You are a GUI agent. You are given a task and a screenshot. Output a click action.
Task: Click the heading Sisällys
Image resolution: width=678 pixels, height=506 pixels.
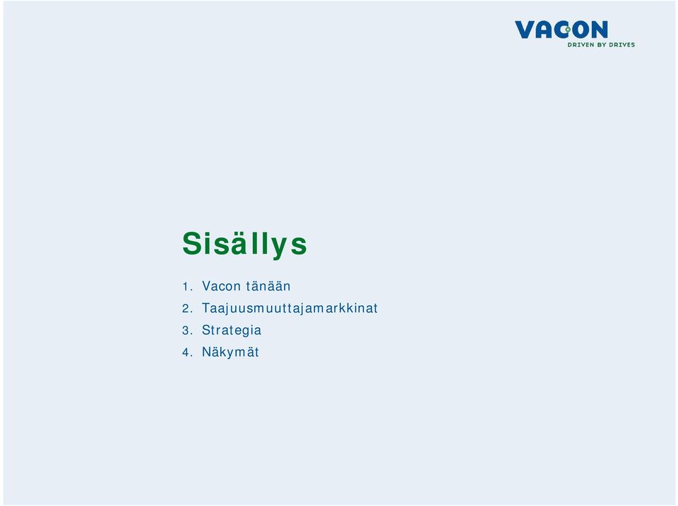click(x=245, y=244)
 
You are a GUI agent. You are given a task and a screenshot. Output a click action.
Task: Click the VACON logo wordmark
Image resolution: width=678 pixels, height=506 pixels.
click(x=561, y=30)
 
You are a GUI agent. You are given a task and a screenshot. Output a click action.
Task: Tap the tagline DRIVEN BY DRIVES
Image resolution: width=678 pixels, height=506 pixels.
click(x=601, y=45)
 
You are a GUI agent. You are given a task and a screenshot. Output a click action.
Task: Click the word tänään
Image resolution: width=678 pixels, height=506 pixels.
click(x=268, y=286)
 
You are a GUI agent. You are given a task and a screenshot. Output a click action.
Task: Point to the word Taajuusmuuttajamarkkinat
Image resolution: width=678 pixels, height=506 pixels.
click(x=290, y=308)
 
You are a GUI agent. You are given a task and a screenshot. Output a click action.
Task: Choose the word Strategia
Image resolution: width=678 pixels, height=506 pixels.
click(x=232, y=330)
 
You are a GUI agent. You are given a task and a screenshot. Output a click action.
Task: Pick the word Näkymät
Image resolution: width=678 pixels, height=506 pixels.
click(x=230, y=352)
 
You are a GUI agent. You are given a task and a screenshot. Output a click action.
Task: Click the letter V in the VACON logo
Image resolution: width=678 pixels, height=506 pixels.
click(x=525, y=30)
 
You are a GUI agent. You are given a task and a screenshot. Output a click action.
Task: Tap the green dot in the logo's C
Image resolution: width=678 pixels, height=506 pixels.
click(x=568, y=30)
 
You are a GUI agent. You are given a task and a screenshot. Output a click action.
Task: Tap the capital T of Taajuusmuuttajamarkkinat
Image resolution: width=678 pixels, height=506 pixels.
click(x=206, y=307)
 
